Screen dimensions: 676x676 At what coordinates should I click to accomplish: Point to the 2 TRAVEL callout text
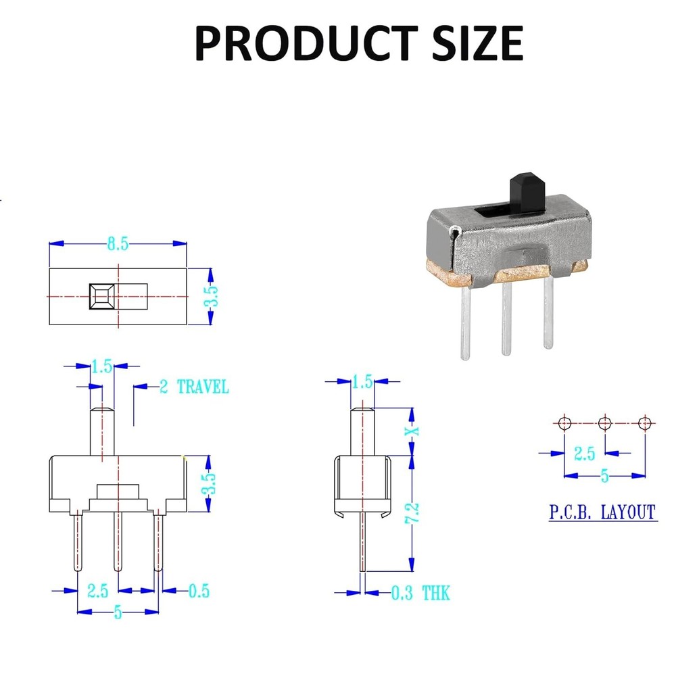click(x=194, y=387)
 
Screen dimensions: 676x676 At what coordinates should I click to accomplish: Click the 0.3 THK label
click(x=420, y=594)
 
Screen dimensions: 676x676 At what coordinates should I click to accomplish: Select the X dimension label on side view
click(x=413, y=431)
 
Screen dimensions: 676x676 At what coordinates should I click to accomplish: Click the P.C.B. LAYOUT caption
click(x=602, y=512)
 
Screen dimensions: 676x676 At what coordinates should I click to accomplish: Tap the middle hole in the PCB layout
click(x=605, y=423)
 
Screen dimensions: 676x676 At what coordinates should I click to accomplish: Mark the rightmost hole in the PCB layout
click(x=646, y=423)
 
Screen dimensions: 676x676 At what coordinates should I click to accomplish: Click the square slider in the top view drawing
click(x=101, y=297)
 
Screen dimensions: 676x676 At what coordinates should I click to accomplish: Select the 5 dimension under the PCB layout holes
click(x=605, y=476)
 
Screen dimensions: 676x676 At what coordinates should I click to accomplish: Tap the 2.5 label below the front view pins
click(x=97, y=591)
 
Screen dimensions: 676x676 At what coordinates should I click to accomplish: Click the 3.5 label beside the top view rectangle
click(x=211, y=297)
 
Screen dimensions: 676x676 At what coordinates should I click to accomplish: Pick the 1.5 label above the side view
click(x=362, y=382)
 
